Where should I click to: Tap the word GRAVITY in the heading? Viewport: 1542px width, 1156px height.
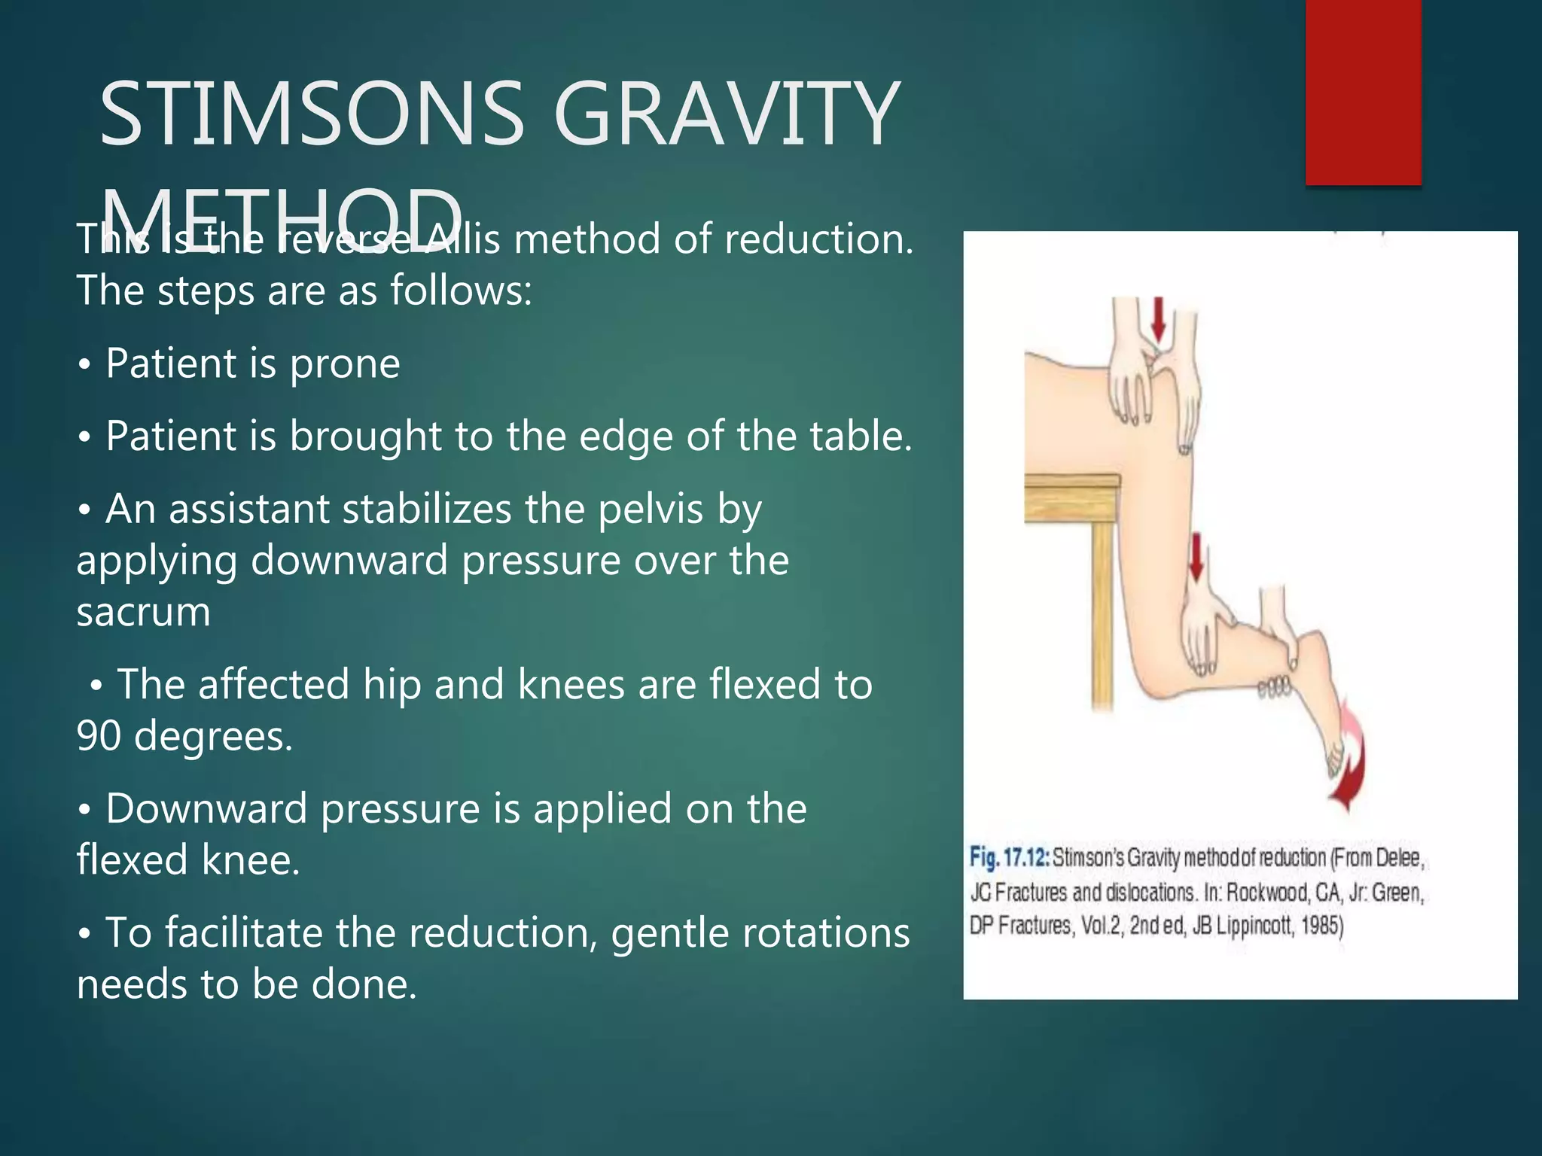(x=726, y=114)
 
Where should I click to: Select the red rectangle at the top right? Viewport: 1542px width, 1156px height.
(x=1363, y=92)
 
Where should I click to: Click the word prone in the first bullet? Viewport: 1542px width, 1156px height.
(x=345, y=364)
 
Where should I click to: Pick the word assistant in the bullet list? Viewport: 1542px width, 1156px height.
(x=249, y=510)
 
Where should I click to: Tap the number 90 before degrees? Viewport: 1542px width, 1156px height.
(x=99, y=736)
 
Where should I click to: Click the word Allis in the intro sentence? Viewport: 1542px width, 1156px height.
(x=462, y=239)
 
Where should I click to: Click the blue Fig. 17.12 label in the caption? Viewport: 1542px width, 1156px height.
(x=1009, y=857)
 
